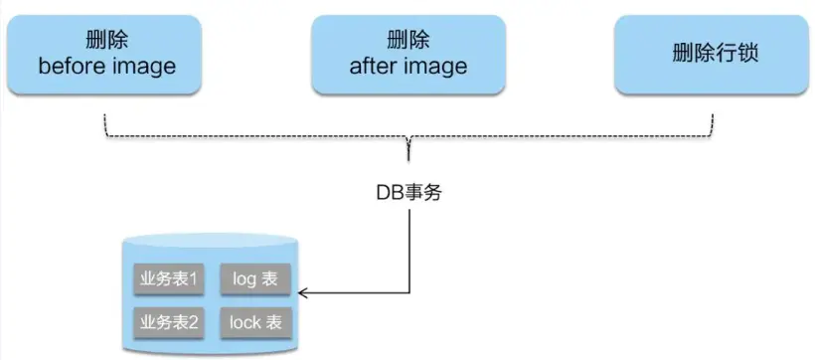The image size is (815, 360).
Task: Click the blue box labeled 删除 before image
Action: point(107,54)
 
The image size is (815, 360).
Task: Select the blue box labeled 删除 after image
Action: point(407,54)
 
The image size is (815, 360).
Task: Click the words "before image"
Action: point(107,68)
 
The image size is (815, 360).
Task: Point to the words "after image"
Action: point(408,68)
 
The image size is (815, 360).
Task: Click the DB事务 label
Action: point(408,192)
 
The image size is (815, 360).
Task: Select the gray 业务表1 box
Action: point(168,279)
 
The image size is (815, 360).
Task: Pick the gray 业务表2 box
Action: point(168,322)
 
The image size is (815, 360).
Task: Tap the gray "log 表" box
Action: point(254,279)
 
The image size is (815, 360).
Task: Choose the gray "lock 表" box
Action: point(254,322)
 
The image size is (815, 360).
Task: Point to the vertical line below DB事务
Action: point(408,249)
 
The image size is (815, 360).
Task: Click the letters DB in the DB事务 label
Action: point(388,192)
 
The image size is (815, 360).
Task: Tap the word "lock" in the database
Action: point(244,322)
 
